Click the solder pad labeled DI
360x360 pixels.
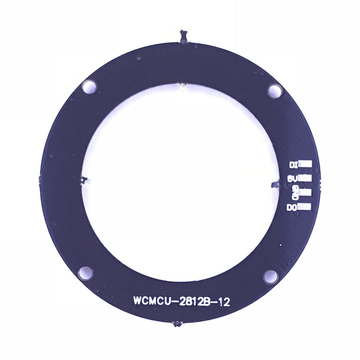tap(306, 164)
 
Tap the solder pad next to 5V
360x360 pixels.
tap(306, 178)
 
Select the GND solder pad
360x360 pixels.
tap(306, 192)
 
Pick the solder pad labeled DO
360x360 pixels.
tap(306, 207)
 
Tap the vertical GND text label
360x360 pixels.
tap(295, 193)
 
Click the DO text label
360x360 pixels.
tap(292, 207)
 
